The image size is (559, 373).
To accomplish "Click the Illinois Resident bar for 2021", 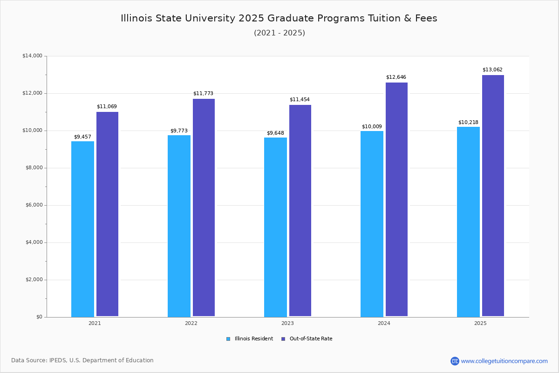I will (82, 229).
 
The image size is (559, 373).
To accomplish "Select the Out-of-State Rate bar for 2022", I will (204, 207).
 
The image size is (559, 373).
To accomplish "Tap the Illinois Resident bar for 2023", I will (275, 227).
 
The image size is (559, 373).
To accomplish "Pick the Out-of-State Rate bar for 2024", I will (396, 200).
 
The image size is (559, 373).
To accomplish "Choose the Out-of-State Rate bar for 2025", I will (493, 196).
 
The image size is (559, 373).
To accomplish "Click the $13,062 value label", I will (492, 70).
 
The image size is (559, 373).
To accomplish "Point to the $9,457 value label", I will (82, 137).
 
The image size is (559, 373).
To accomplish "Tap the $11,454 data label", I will (300, 100).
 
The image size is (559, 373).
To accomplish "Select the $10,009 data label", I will (372, 126).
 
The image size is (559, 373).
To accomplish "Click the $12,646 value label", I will (396, 77).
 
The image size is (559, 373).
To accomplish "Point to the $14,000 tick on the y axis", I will (32, 56).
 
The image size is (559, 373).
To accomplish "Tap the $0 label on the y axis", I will (39, 317).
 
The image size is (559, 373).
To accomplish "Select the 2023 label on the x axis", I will (287, 323).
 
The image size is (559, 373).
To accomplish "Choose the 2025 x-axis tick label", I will (480, 323).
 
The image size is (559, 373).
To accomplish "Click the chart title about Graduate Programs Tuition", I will (279, 18).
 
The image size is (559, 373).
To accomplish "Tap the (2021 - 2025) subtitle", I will (279, 33).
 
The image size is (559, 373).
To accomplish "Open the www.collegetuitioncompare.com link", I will (504, 361).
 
